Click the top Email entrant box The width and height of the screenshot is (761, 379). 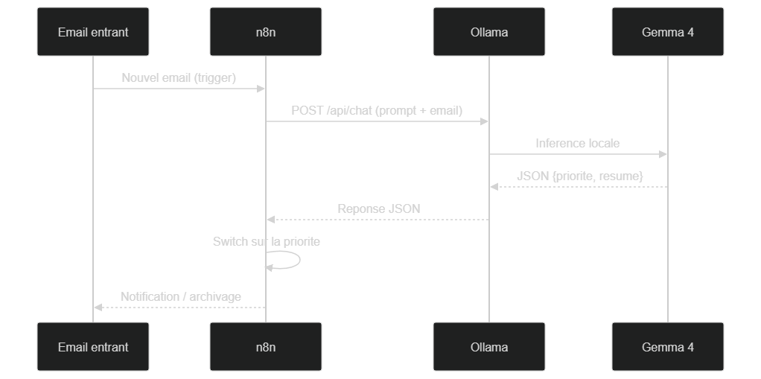tap(92, 31)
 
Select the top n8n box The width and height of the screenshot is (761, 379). tap(266, 31)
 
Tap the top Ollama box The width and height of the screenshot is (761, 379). tap(488, 31)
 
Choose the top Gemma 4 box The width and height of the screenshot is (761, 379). tap(667, 31)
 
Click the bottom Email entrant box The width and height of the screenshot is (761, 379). tap(92, 346)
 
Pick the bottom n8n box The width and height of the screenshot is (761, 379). tap(266, 346)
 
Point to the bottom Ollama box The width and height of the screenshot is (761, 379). tap(488, 346)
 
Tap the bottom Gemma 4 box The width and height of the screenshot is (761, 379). tap(667, 346)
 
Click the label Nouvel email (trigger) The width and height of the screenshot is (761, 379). tap(179, 77)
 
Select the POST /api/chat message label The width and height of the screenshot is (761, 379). tap(377, 111)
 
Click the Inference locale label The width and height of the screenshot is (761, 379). tap(578, 143)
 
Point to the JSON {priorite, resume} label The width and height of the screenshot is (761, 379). tap(580, 176)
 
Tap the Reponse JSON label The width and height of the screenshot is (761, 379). tap(378, 208)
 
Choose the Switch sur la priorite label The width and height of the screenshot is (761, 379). tap(267, 241)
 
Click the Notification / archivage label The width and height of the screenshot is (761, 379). tap(180, 296)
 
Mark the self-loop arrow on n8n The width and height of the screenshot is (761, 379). tap(300, 260)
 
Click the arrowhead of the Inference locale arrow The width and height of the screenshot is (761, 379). tap(663, 154)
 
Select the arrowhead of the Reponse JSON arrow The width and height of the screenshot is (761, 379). tap(271, 220)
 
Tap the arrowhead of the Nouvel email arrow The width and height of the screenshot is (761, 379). tap(261, 89)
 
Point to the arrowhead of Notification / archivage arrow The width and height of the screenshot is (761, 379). tap(98, 308)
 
